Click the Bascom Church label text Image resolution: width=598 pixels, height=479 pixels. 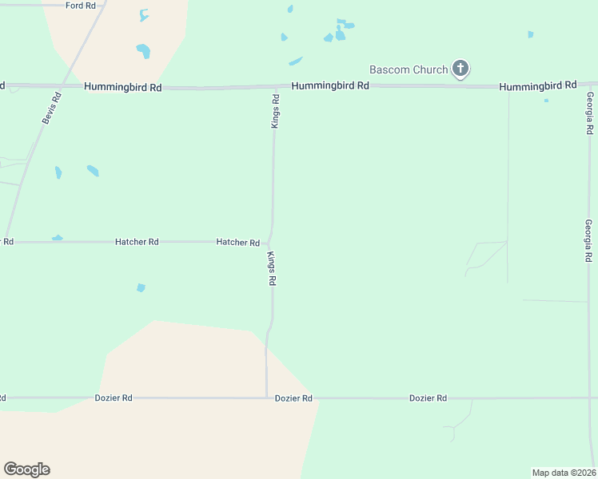[408, 69]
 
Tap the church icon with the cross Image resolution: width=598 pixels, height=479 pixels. [460, 69]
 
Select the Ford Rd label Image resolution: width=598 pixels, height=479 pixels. [81, 6]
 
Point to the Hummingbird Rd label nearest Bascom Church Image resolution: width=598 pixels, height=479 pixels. [330, 85]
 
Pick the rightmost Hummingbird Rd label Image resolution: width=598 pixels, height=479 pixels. [538, 85]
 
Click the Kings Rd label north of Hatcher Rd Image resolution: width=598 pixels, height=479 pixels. [275, 112]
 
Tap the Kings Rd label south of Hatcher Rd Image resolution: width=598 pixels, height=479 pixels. [271, 269]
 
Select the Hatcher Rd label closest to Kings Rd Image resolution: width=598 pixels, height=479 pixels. [238, 242]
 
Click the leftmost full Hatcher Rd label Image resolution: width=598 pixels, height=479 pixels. [137, 241]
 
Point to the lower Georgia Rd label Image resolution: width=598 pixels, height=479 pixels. [588, 241]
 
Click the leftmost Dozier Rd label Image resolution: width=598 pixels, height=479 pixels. [113, 398]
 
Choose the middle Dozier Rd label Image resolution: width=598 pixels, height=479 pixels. [293, 398]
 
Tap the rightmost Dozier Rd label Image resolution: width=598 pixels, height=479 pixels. [428, 398]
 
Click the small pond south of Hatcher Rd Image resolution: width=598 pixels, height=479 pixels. [142, 287]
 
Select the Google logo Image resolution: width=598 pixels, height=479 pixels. [26, 469]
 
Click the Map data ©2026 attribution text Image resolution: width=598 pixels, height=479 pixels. [564, 473]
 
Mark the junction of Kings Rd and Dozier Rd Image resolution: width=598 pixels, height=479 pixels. [266, 397]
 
